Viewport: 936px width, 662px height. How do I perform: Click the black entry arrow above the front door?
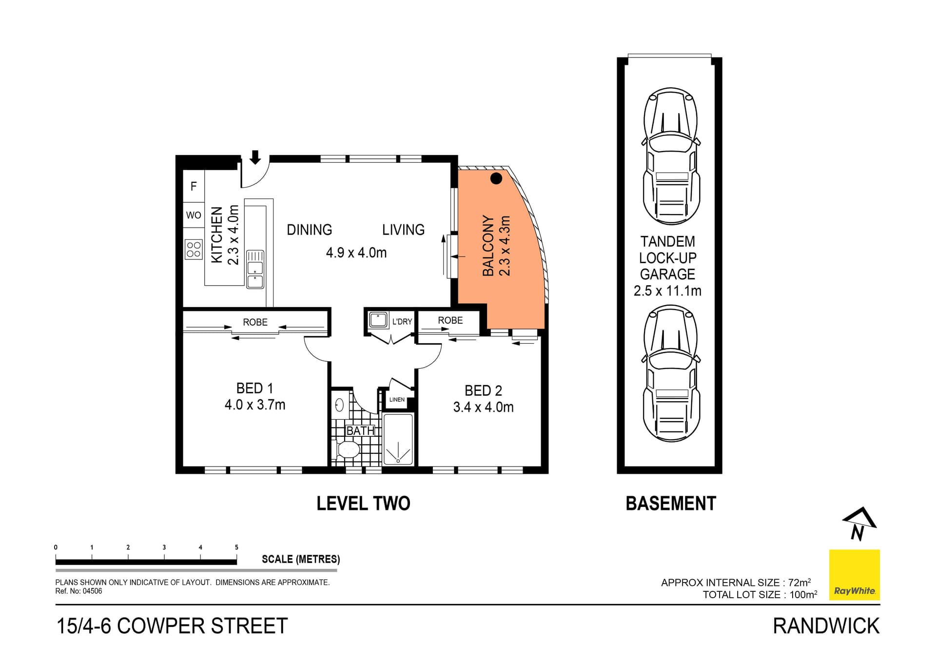click(255, 157)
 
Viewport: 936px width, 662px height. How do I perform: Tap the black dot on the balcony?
click(496, 178)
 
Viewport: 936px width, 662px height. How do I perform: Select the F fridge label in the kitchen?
click(194, 186)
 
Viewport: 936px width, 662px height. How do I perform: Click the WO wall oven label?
click(194, 215)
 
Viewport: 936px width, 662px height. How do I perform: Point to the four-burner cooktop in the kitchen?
click(194, 250)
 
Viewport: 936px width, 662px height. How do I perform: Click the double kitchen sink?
click(255, 269)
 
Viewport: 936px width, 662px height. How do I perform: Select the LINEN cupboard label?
click(397, 400)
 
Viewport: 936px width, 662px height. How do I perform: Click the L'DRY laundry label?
click(402, 322)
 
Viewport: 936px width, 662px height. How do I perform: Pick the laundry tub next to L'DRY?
click(378, 320)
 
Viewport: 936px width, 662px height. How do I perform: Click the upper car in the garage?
click(671, 156)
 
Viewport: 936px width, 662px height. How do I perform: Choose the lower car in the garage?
click(671, 373)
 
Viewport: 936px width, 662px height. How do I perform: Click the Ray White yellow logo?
click(854, 575)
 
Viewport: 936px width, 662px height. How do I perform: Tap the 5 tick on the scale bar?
click(236, 547)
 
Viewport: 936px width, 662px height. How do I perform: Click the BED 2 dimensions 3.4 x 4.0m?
click(483, 407)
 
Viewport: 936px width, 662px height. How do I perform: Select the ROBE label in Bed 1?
click(255, 322)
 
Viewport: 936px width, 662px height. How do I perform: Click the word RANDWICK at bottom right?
click(826, 626)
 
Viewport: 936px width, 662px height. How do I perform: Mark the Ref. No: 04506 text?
click(78, 591)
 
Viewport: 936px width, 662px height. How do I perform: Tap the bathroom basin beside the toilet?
click(340, 405)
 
